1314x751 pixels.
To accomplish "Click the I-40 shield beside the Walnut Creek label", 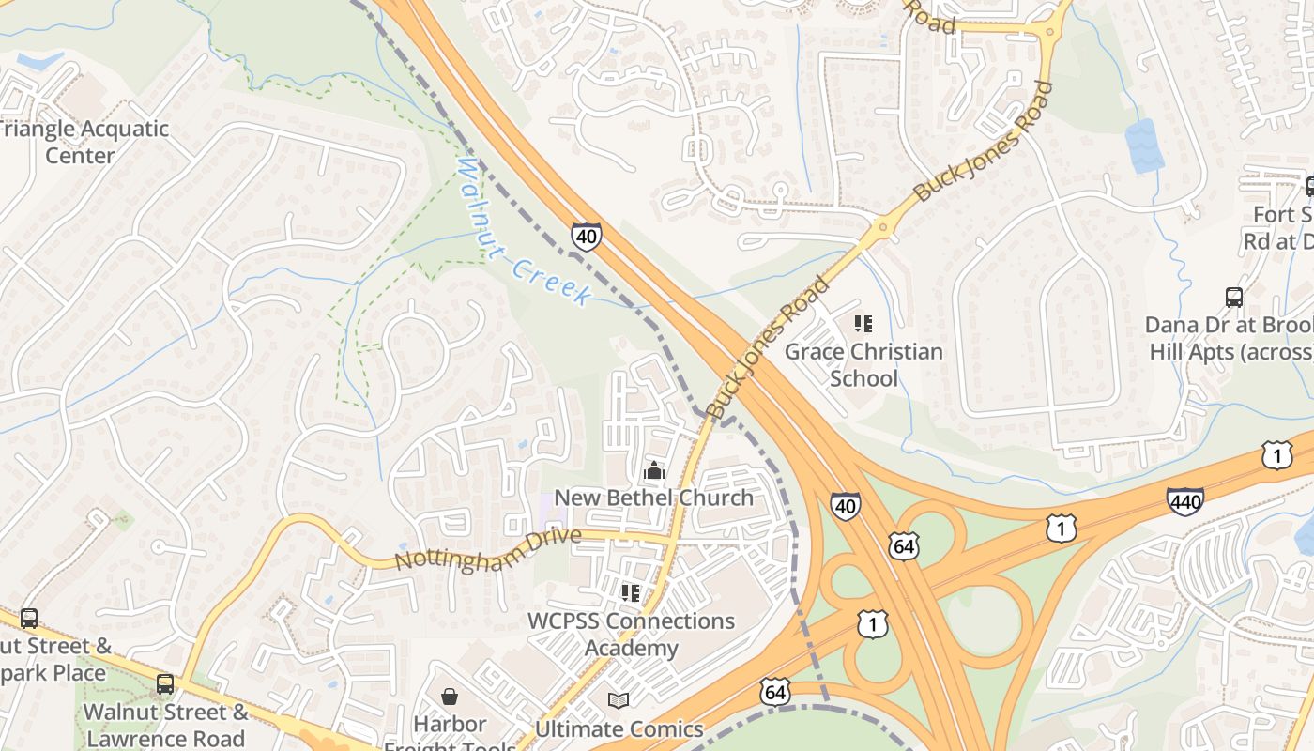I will [586, 236].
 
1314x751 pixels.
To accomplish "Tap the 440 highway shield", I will [1185, 502].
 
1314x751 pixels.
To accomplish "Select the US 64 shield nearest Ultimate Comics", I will [774, 693].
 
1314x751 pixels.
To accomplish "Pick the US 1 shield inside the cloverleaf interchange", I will [872, 624].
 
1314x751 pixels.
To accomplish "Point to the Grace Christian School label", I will [863, 365].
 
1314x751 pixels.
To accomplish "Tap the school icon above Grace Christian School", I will [863, 324].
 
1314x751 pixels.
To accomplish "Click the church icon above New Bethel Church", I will [654, 470].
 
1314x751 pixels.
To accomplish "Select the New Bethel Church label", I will [654, 498].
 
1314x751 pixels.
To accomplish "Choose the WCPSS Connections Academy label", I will [631, 635].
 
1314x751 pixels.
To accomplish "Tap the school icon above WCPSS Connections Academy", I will [631, 592].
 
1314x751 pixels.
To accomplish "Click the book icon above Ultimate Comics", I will [618, 700].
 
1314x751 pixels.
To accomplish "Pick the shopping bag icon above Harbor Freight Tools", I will [450, 697].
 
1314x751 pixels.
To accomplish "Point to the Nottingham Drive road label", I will [487, 550].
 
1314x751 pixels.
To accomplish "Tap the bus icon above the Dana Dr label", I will [1234, 298].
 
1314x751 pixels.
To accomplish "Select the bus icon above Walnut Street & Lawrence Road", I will [165, 683].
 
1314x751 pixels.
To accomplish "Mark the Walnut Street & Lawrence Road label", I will [166, 725].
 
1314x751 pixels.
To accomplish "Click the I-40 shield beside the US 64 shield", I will [845, 507].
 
